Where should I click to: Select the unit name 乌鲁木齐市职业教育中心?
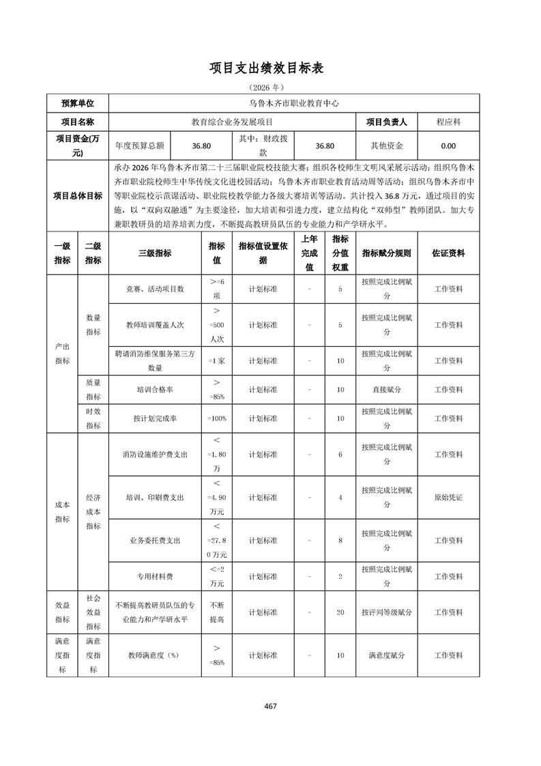pyautogui.click(x=293, y=104)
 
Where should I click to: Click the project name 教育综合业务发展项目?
pyautogui.click(x=232, y=122)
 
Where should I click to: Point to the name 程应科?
pyautogui.click(x=448, y=122)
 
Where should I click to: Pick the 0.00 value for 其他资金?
pyautogui.click(x=448, y=145)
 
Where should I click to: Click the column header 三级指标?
pyautogui.click(x=155, y=253)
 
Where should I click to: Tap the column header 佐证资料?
pyautogui.click(x=448, y=253)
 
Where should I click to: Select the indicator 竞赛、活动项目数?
pyautogui.click(x=155, y=289)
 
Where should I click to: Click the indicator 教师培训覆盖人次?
pyautogui.click(x=155, y=325)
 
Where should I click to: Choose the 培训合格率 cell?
pyautogui.click(x=155, y=389)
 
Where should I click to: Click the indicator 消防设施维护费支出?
pyautogui.click(x=155, y=454)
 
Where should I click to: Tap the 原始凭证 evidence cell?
pyautogui.click(x=448, y=497)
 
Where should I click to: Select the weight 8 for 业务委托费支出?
pyautogui.click(x=340, y=540)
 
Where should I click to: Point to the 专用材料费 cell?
pyautogui.click(x=155, y=576)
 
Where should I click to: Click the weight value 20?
pyautogui.click(x=340, y=612)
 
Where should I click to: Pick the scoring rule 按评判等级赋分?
pyautogui.click(x=387, y=612)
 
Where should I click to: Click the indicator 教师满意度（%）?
pyautogui.click(x=155, y=655)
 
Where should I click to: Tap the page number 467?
pyautogui.click(x=270, y=706)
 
